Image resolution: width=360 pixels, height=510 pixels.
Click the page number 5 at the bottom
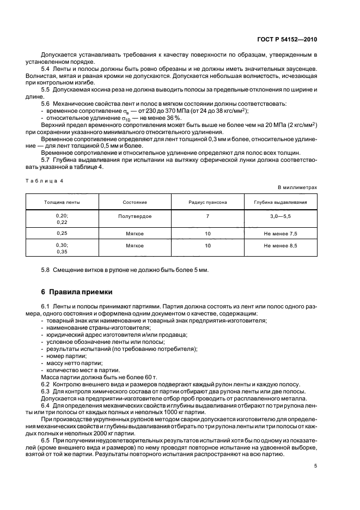click(315, 466)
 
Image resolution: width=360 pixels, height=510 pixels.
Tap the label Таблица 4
click(44, 180)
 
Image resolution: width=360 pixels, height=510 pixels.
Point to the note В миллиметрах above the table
click(297, 187)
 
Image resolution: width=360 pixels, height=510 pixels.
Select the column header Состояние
click(135, 202)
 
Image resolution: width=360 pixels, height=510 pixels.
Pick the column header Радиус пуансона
click(208, 202)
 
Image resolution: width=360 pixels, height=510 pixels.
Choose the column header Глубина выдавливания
click(280, 202)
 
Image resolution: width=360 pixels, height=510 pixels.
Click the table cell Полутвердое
click(135, 216)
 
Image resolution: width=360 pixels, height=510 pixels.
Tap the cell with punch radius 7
click(208, 216)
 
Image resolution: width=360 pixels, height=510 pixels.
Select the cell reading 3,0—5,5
click(280, 216)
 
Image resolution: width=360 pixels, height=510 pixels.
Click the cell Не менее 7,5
click(280, 233)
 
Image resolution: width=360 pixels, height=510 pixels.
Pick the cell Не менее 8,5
click(280, 246)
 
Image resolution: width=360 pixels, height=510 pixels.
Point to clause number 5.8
click(46, 270)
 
